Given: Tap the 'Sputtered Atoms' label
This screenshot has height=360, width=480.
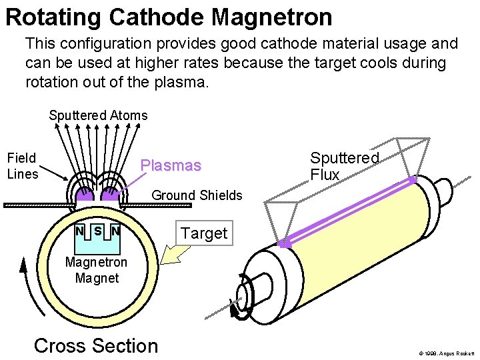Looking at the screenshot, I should (x=98, y=115).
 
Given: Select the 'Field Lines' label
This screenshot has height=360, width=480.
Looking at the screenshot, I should (x=22, y=166).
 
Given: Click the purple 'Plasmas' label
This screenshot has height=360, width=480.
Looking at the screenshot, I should (x=171, y=165).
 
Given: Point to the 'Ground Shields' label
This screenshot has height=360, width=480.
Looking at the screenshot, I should (x=197, y=195).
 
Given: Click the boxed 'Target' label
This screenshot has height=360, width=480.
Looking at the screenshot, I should (x=204, y=233).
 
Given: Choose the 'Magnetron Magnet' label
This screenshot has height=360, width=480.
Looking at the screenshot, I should (x=97, y=270).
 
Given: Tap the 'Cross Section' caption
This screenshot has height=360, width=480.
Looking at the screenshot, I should (x=96, y=345).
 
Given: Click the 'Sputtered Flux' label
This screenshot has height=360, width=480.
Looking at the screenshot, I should (x=344, y=166).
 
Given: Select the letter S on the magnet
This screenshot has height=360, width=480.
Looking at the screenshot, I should (x=97, y=231).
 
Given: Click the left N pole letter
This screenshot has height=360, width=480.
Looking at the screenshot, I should (x=79, y=231).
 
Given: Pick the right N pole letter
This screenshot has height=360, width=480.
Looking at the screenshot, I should (x=115, y=231).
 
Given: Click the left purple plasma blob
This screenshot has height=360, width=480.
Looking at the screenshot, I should (x=85, y=195).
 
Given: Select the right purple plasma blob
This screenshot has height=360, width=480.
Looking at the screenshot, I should (x=109, y=195).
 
